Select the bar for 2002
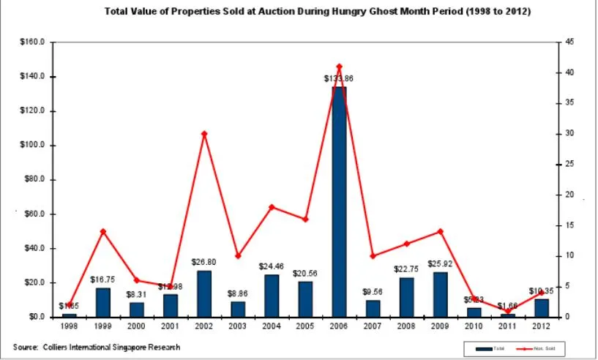pyautogui.click(x=204, y=293)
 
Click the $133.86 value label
pyautogui.click(x=339, y=78)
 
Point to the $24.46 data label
pyautogui.click(x=271, y=266)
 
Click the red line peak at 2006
pyautogui.click(x=339, y=67)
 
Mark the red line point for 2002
pyautogui.click(x=204, y=133)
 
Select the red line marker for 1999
pyautogui.click(x=103, y=231)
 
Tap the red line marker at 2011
pyautogui.click(x=507, y=311)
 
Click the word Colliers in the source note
pyautogui.click(x=59, y=347)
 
